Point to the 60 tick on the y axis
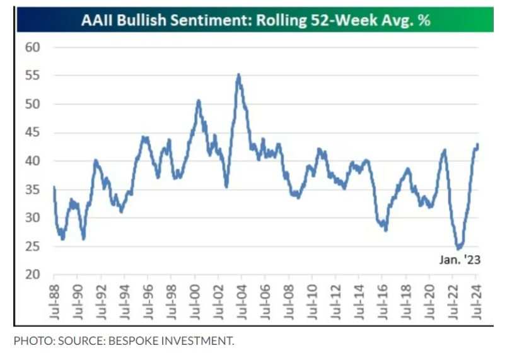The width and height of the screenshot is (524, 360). [x=33, y=47]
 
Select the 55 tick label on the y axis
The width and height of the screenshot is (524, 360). [x=33, y=76]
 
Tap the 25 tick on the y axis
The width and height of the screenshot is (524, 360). [x=33, y=247]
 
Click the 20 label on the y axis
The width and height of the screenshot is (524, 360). [x=33, y=275]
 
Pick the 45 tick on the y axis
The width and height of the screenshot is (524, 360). [x=33, y=132]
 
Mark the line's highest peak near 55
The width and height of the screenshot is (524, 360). [x=238, y=74]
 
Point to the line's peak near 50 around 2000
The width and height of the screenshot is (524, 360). [x=198, y=100]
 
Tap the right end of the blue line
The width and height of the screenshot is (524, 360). [x=478, y=144]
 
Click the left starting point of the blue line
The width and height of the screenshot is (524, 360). [x=54, y=187]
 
